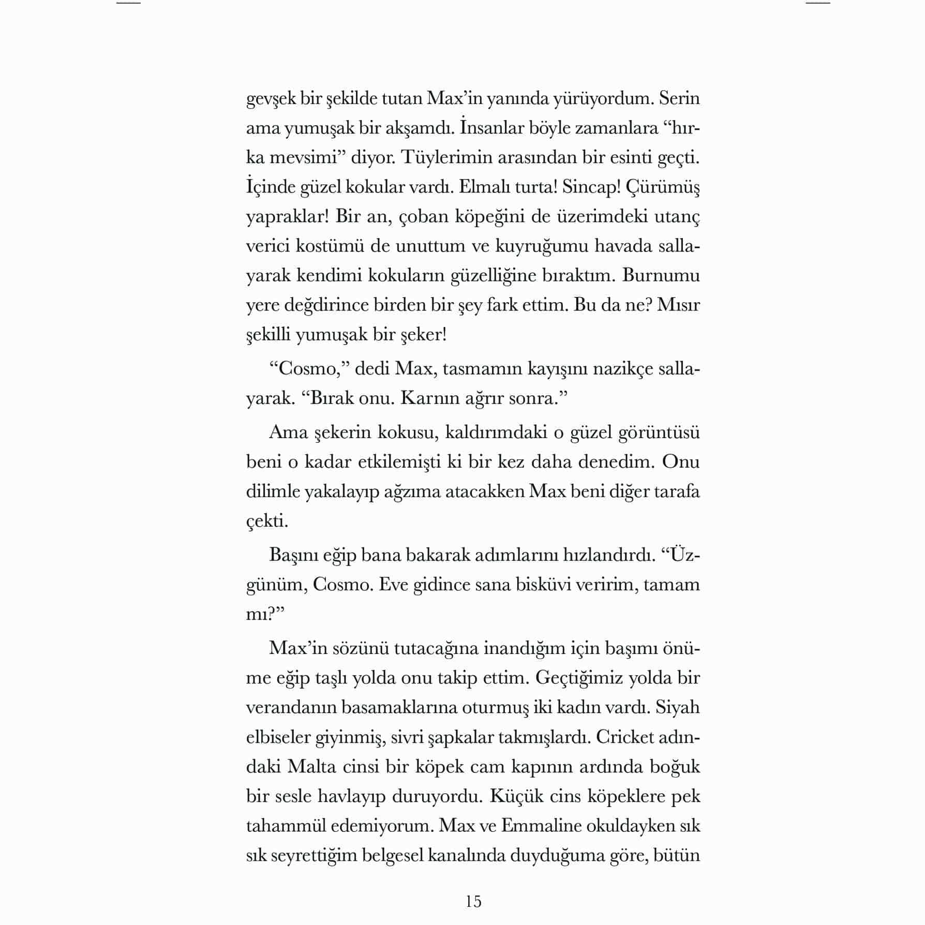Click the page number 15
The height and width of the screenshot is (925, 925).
(x=473, y=901)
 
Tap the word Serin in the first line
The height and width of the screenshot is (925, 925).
(x=679, y=98)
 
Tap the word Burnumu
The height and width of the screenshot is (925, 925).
(x=661, y=275)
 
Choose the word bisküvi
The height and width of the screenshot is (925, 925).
(x=541, y=585)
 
